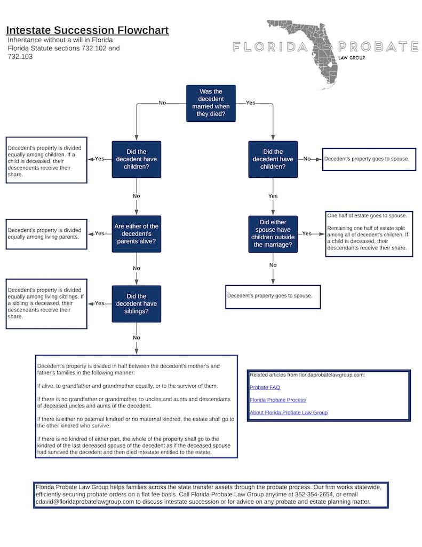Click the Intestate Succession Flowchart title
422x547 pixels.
tap(87, 30)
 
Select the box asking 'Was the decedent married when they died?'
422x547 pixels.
tap(210, 103)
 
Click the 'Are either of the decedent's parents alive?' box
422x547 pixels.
tap(137, 233)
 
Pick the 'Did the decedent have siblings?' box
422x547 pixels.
tap(137, 303)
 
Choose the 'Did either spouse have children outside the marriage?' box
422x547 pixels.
tap(273, 233)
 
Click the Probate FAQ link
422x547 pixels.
tap(265, 387)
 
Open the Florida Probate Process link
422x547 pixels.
tap(277, 400)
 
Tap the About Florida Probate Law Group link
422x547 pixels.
tap(289, 412)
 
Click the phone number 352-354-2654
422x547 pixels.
tap(314, 495)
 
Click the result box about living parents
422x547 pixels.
tap(46, 233)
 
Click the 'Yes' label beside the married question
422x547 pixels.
tap(250, 103)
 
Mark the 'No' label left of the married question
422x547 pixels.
tap(162, 103)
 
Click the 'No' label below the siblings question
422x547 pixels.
tap(137, 338)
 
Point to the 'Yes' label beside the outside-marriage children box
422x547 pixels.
tap(307, 233)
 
